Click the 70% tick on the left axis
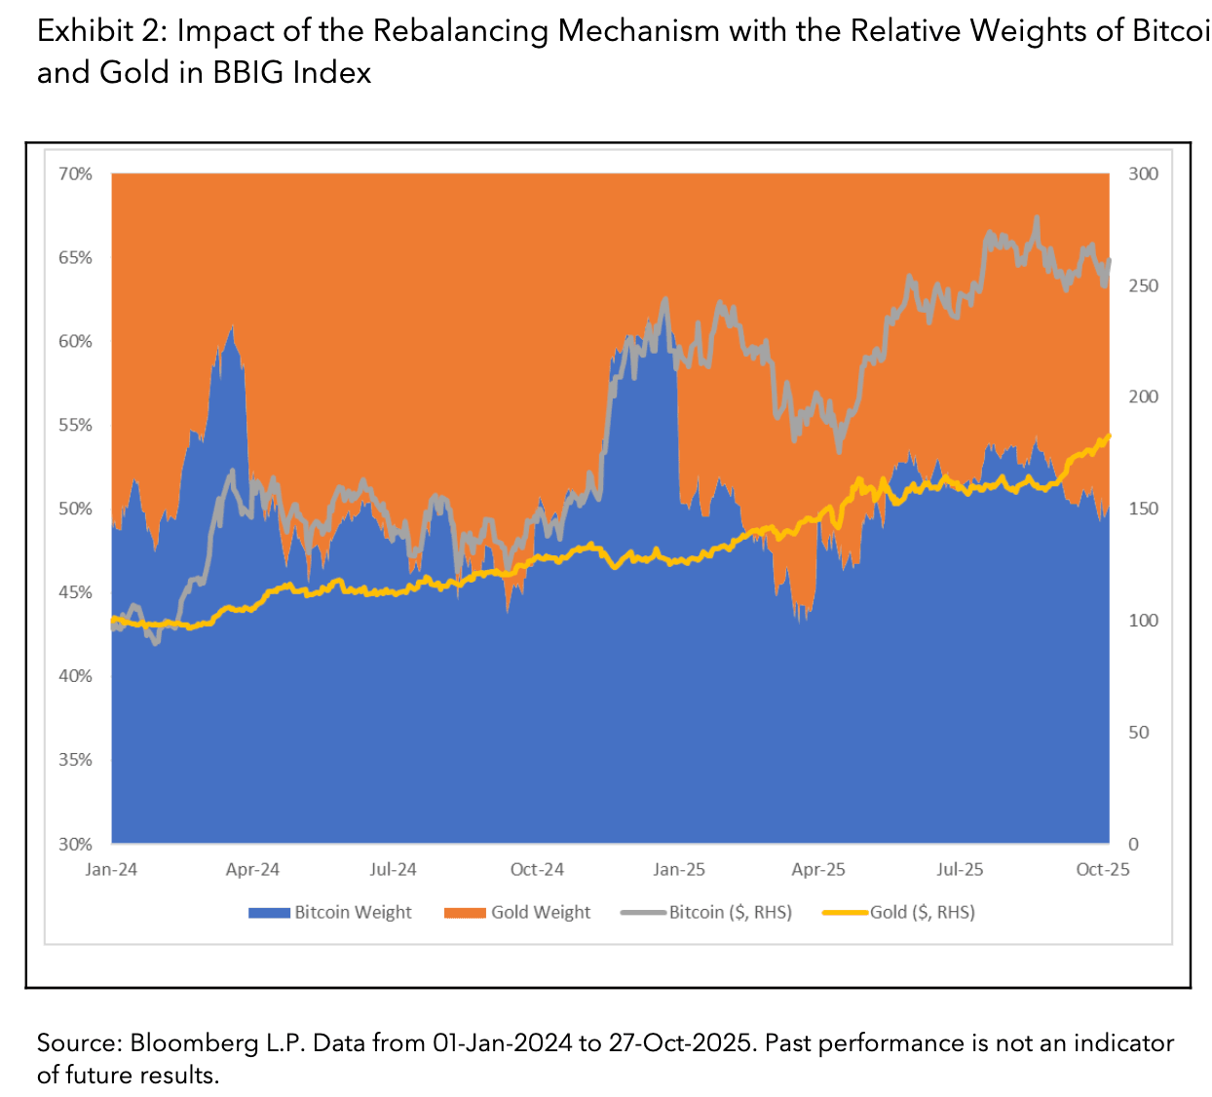coord(75,174)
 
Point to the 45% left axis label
coord(75,592)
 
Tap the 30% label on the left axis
coord(75,844)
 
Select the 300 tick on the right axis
coord(1143,174)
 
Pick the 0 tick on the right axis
coord(1133,844)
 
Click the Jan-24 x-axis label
coord(111,869)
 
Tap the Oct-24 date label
coord(537,869)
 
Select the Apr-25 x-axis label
coord(818,869)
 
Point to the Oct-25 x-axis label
coord(1102,869)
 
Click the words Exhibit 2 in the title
coord(100,31)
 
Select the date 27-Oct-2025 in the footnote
coord(681,1043)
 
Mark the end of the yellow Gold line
coord(1109,436)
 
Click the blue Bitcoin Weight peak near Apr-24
coord(231,328)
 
